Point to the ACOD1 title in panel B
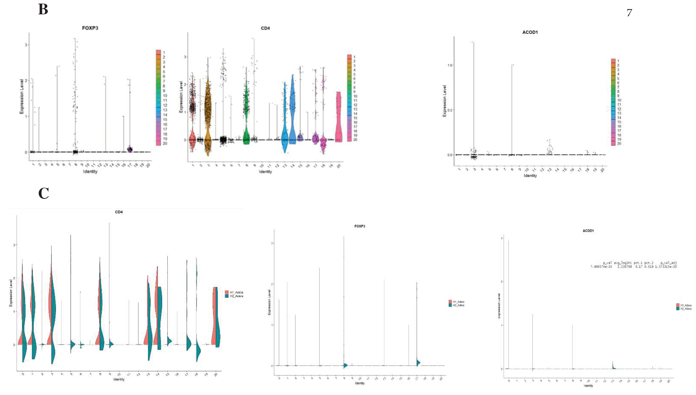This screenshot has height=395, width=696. [530, 32]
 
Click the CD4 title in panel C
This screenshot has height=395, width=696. [119, 212]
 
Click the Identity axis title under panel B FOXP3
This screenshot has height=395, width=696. [90, 171]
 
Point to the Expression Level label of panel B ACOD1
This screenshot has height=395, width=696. [444, 101]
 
